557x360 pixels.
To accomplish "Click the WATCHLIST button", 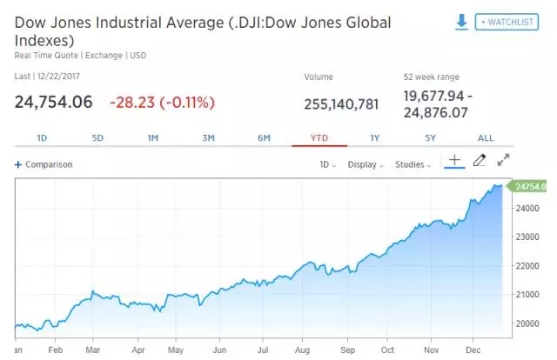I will pos(507,21).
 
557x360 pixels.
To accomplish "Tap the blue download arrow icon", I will pos(462,21).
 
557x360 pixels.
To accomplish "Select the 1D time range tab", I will pos(42,138).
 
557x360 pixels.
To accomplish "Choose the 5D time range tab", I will pos(98,138).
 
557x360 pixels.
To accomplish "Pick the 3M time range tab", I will pos(209,138).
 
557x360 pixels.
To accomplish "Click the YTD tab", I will pos(319,138).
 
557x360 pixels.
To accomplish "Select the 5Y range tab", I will pos(430,138).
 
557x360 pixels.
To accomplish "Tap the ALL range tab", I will pos(486,138).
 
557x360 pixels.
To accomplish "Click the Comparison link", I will pos(44,164).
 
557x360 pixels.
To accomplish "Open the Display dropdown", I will pos(365,164).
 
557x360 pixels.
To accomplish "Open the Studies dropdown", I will pos(413,164).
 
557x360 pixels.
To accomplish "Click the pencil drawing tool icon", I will pos(478,161).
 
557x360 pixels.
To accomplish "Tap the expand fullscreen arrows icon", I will pos(503,161).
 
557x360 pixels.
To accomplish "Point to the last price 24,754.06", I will pos(53,102).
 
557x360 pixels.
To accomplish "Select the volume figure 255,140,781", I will pos(341,104).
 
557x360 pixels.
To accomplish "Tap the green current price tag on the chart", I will pos(530,186).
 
